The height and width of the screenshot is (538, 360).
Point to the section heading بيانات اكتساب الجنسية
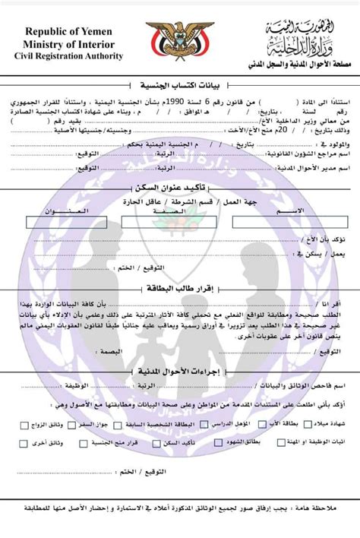179,84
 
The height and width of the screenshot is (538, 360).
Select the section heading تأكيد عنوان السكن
180,186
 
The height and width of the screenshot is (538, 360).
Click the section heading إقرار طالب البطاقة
180,289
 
